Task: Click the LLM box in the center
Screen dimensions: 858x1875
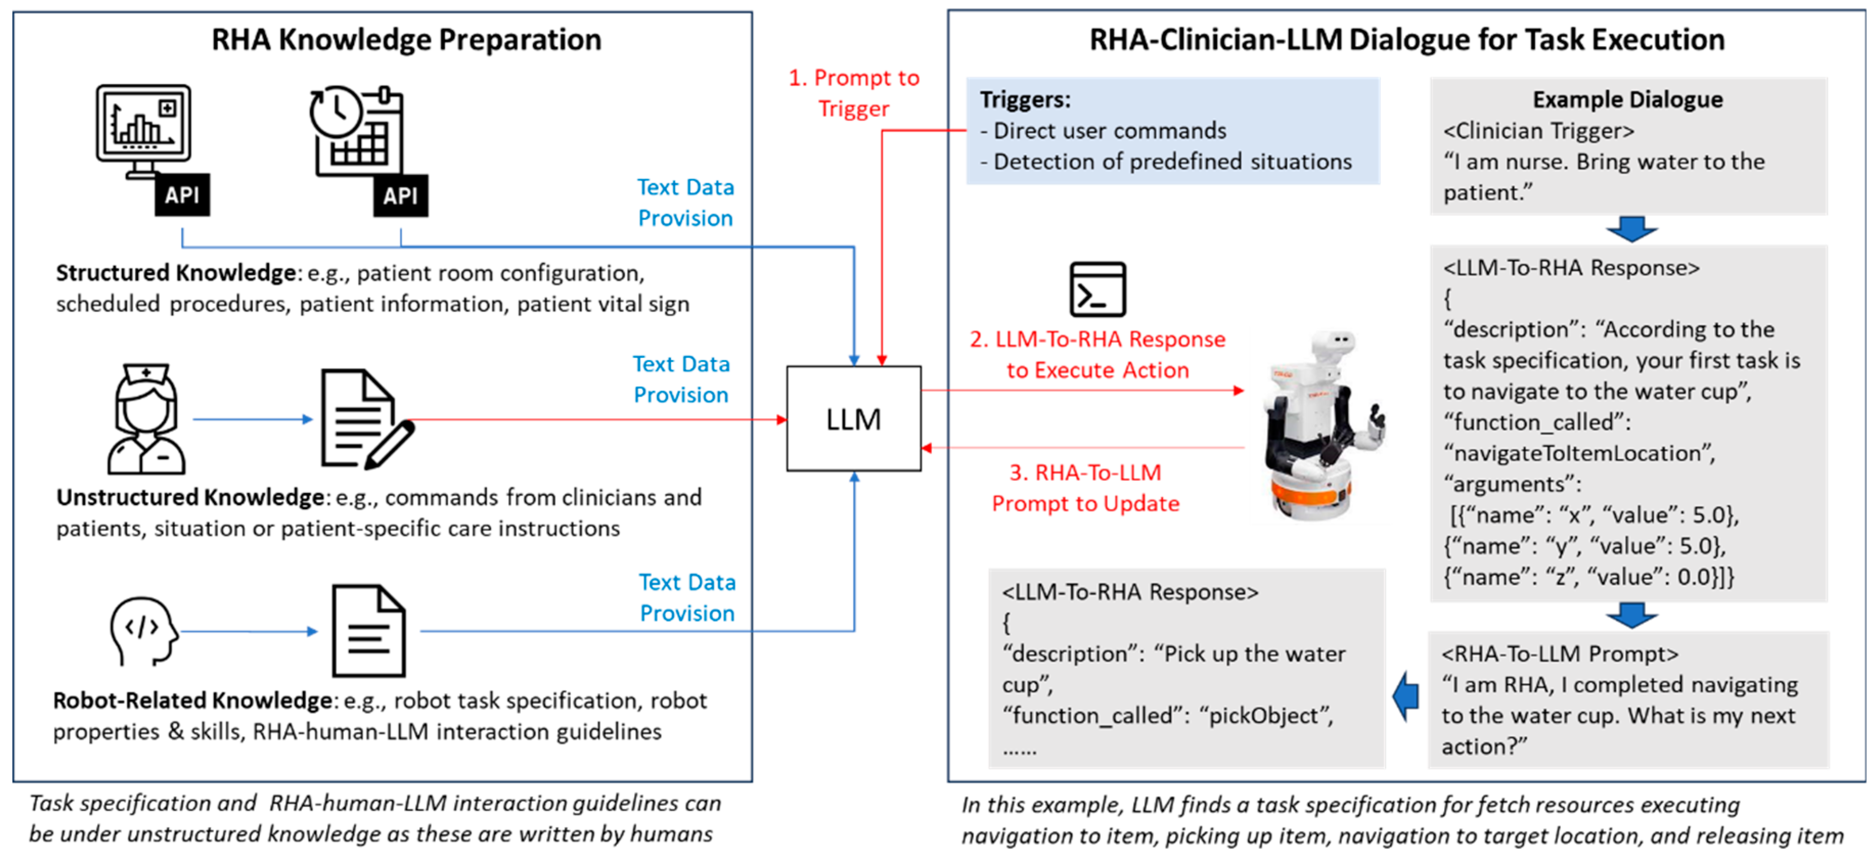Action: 853,419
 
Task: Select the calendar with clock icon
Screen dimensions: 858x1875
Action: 357,131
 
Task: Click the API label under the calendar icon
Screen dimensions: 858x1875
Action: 400,195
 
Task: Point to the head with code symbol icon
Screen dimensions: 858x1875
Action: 143,630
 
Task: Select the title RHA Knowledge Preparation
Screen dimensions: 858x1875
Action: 406,39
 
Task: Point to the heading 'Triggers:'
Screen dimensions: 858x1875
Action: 1025,99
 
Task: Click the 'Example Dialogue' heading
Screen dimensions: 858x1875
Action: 1628,99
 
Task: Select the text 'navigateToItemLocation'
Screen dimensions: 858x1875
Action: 1578,453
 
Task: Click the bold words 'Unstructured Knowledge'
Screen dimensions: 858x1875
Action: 190,497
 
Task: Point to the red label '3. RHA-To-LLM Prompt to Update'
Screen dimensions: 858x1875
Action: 1085,488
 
